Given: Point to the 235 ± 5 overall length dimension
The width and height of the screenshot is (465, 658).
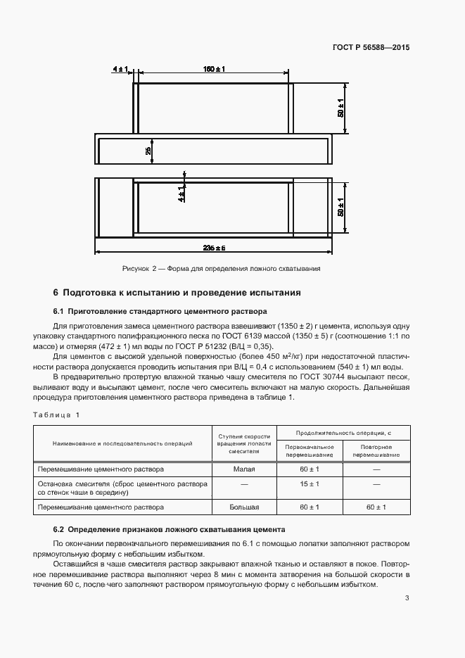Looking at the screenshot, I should [213, 248].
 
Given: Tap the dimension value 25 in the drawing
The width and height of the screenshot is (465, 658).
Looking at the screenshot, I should [148, 151].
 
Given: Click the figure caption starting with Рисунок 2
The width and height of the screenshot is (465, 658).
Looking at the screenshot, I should [222, 268].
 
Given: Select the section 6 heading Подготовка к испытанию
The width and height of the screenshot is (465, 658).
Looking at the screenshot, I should [177, 292].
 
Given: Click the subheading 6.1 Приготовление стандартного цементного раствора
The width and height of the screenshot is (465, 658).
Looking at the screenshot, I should [160, 311].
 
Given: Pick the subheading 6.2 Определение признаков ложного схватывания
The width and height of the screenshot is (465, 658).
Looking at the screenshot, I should [169, 529].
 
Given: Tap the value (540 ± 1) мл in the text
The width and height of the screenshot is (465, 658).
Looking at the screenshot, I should [380, 367].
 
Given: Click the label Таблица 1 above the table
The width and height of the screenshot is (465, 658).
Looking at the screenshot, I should [57, 415].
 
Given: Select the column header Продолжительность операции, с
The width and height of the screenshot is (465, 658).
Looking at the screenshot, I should [343, 432].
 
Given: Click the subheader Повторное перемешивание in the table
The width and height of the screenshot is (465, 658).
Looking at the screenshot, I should [376, 450].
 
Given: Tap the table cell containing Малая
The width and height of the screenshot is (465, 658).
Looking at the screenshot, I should [244, 469].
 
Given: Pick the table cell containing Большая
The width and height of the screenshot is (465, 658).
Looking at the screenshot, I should [244, 507].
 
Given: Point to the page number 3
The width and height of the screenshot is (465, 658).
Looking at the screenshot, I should [407, 598].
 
